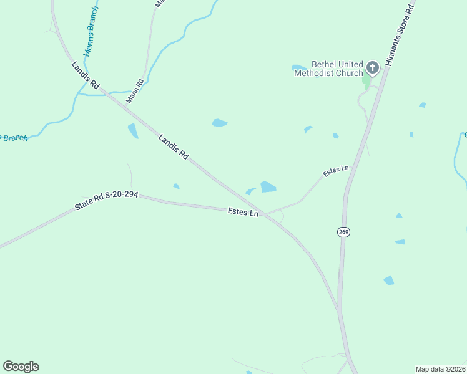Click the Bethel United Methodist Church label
coord(328,69)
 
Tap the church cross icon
coord(372,67)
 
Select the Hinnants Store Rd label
coord(400,35)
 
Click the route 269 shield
coord(343,232)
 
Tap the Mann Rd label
coord(135,91)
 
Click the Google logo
coord(21,367)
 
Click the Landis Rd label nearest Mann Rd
coord(86,75)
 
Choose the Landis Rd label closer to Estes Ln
coord(174,147)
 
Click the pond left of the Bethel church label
coord(299,67)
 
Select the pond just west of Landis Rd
coord(133,131)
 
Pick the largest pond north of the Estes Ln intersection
coord(268,187)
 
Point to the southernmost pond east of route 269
coord(389,280)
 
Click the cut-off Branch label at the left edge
coord(12,137)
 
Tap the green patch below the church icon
coord(366,80)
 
